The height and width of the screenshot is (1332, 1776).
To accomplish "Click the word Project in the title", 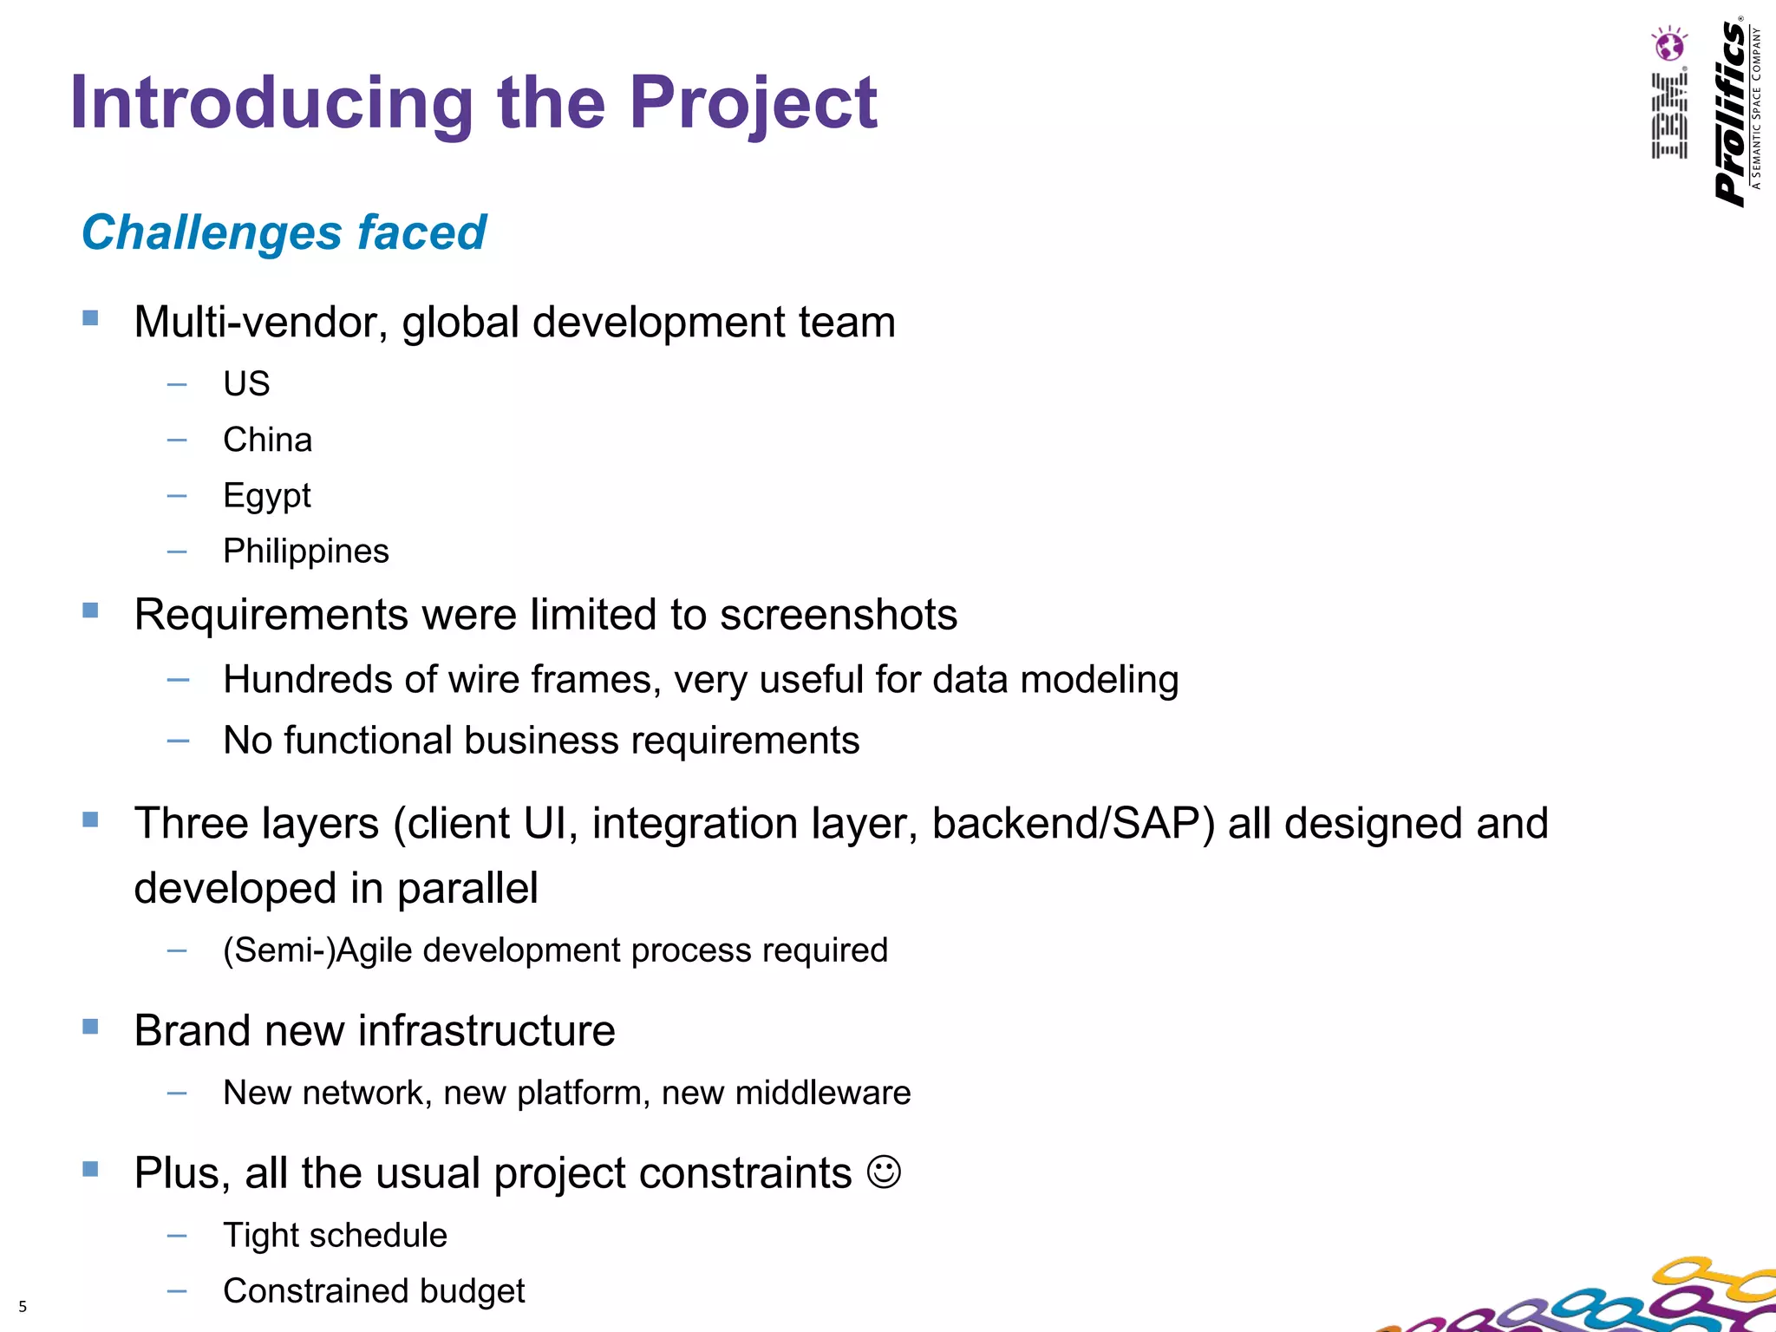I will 753,104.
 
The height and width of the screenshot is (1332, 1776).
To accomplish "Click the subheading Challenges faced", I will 284,232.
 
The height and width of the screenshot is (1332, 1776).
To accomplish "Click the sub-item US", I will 246,383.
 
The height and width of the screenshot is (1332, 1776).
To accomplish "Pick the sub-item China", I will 267,440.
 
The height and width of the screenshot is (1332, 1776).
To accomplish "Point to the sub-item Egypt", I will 266,496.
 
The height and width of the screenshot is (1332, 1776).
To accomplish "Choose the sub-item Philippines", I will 305,552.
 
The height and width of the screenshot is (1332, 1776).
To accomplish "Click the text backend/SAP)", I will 1074,823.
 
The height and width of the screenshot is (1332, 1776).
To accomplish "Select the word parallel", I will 467,888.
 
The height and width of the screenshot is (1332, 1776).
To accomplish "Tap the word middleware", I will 822,1093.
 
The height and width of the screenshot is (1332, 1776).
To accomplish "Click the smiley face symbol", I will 884,1172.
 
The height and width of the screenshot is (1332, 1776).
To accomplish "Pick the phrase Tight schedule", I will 335,1235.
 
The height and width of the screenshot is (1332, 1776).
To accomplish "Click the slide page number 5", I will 23,1306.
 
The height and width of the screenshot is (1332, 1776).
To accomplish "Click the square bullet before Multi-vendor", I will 90,318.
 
